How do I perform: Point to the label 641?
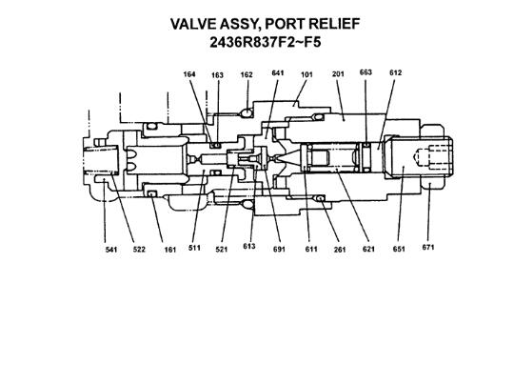pyautogui.click(x=278, y=73)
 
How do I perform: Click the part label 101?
pyautogui.click(x=306, y=73)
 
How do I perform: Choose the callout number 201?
pyautogui.click(x=338, y=73)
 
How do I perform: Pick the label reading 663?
pyautogui.click(x=366, y=73)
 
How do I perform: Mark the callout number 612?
pyautogui.click(x=396, y=73)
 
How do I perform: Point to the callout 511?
pyautogui.click(x=194, y=250)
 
